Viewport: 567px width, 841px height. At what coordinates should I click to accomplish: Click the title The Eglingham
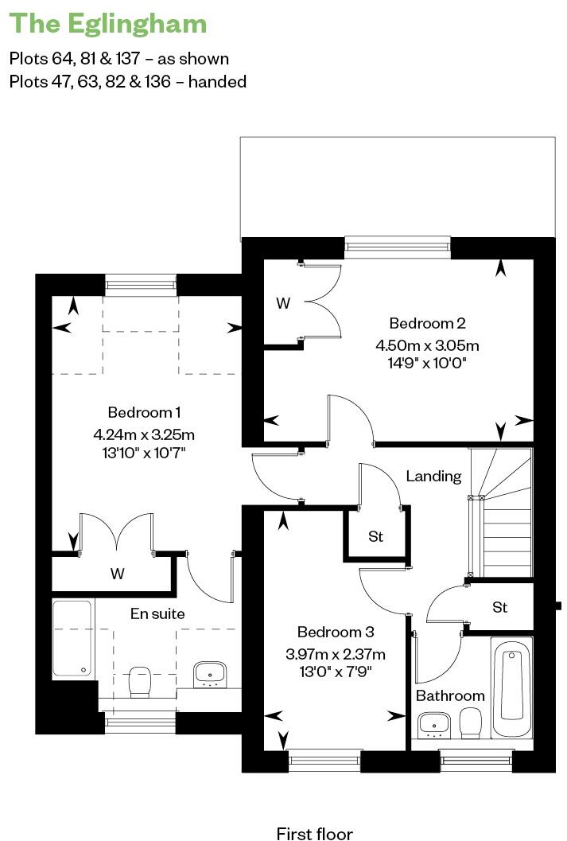click(x=107, y=24)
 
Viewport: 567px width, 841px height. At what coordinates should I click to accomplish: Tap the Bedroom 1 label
click(x=144, y=412)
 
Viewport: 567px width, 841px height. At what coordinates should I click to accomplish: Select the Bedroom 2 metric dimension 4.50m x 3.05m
click(x=427, y=345)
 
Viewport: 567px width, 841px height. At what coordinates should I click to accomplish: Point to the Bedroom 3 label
click(x=335, y=633)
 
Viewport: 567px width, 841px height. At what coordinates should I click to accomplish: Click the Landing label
click(x=433, y=477)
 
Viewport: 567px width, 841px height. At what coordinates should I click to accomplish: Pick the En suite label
click(x=157, y=613)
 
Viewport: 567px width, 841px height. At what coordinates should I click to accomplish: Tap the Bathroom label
click(x=450, y=695)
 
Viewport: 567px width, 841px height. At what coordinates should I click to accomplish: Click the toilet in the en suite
click(x=140, y=680)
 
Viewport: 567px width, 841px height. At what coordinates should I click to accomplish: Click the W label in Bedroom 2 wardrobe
click(x=282, y=303)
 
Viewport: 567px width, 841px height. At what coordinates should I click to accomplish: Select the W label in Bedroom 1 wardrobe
click(x=118, y=574)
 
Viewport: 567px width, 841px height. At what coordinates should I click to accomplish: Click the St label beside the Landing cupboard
click(x=375, y=537)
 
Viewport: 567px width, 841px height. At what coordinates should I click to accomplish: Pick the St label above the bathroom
click(x=499, y=608)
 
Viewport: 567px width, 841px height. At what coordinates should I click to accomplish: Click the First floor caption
click(x=314, y=833)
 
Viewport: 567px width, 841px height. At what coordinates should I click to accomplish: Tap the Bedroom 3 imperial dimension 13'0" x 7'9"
click(x=335, y=671)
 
